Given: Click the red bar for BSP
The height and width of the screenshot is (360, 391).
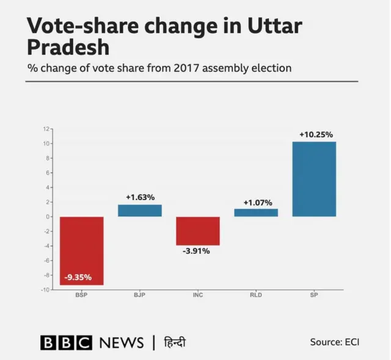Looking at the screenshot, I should coord(81,250).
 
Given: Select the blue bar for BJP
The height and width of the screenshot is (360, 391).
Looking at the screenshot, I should coord(140,211).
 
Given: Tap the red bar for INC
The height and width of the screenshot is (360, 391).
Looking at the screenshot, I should coord(198,231).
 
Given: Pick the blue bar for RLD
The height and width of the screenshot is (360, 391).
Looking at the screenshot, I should coord(256,213).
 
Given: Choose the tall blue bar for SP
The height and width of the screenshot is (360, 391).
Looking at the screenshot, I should coord(314,179).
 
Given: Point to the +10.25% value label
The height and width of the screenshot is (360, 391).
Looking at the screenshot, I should coord(316,135).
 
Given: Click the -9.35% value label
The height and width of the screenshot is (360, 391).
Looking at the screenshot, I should coord(78,277).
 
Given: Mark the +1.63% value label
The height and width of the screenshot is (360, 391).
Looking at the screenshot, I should coord(140,197).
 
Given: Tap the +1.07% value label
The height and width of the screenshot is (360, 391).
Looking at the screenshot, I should coord(257,203).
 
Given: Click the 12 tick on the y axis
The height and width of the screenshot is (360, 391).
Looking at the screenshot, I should coord(46,129).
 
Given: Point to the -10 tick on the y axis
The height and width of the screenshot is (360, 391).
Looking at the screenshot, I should coord(45,290).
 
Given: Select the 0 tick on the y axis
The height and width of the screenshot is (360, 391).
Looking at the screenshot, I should coord(47,217).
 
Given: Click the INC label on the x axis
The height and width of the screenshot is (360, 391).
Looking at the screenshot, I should coord(198,296).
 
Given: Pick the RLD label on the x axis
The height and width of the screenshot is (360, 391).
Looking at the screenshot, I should coord(256,296).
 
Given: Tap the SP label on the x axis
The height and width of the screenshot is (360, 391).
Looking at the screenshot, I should coord(314,296).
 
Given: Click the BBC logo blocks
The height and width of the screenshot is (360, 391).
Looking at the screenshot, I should coord(66,342).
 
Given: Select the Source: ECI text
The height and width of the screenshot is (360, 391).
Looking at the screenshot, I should coord(334,342).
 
